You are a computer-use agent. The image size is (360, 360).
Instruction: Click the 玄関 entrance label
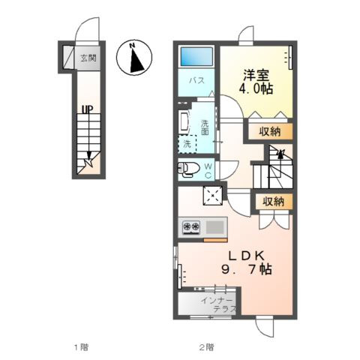[x=88, y=58]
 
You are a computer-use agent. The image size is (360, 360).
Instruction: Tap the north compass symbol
[x=134, y=57]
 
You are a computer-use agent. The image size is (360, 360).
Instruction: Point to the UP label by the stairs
[x=87, y=109]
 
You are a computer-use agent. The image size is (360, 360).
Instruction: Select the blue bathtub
[x=196, y=56]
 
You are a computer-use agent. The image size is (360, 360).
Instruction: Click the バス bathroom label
[x=196, y=80]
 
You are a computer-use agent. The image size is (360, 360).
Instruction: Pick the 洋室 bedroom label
[x=256, y=76]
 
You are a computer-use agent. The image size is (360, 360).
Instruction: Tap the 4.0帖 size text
[x=256, y=88]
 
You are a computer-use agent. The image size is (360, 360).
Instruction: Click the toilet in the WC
[x=187, y=169]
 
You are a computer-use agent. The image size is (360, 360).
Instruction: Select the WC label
[x=208, y=171]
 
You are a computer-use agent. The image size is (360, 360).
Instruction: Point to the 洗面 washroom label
[x=205, y=127]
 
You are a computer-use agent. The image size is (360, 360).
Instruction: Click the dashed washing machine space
[x=187, y=144]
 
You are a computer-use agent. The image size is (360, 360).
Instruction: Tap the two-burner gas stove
[x=191, y=227]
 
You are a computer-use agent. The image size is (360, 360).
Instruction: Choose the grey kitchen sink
[x=215, y=227]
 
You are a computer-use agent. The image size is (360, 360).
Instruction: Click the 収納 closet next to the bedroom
[x=270, y=131]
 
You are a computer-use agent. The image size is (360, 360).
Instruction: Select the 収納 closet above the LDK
[x=274, y=202]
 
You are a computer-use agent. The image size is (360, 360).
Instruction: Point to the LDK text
[x=246, y=256]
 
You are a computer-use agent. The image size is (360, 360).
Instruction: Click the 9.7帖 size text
[x=246, y=270]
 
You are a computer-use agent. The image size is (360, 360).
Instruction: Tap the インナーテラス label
[x=218, y=305]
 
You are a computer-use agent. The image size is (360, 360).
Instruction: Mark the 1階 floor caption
[x=81, y=347]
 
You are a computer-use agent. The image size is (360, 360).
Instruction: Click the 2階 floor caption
[x=206, y=347]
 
